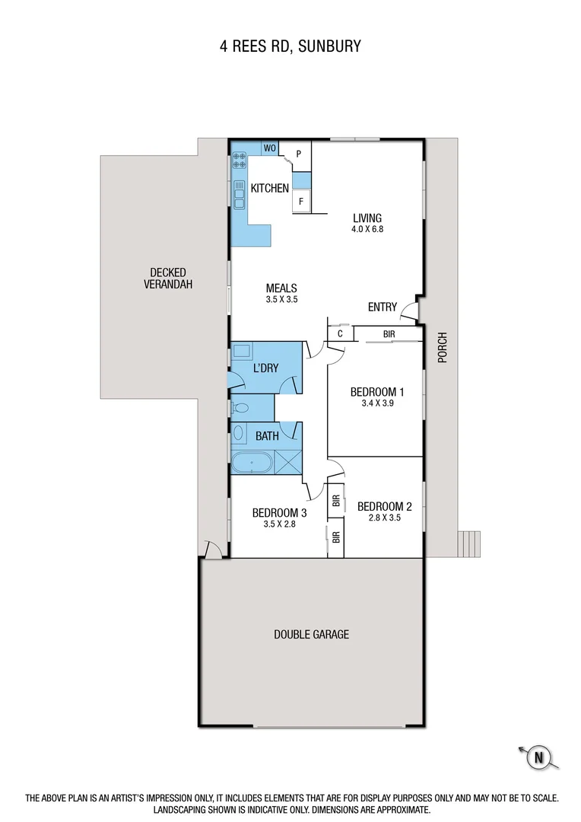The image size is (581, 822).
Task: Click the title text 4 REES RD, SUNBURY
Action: [290, 46]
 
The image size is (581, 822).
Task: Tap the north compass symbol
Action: [538, 757]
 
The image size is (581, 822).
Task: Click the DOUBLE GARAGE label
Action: [312, 634]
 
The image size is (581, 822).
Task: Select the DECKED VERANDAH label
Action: [167, 279]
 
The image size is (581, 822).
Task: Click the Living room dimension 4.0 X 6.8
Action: [367, 228]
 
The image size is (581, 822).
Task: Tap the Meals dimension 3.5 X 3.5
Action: [281, 300]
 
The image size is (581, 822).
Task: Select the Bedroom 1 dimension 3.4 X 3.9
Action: [376, 404]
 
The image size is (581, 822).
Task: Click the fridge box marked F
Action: [301, 202]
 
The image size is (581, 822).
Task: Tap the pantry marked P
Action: [299, 154]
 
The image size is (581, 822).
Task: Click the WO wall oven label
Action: [269, 148]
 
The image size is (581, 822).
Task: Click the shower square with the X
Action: [288, 461]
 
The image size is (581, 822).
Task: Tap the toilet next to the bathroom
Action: [240, 407]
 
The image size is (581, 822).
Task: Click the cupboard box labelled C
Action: [340, 333]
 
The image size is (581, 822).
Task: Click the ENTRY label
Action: [383, 307]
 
